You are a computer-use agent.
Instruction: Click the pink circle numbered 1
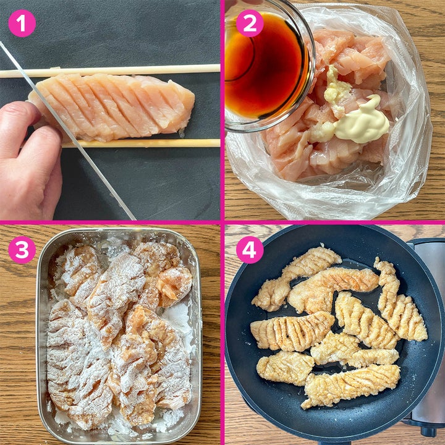[22, 23]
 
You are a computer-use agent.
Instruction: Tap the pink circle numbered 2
[250, 23]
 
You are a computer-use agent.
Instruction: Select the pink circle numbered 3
[22, 250]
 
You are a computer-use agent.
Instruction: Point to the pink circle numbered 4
[250, 250]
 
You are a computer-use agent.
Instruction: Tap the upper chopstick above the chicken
[111, 71]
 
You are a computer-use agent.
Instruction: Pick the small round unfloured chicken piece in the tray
[174, 287]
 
